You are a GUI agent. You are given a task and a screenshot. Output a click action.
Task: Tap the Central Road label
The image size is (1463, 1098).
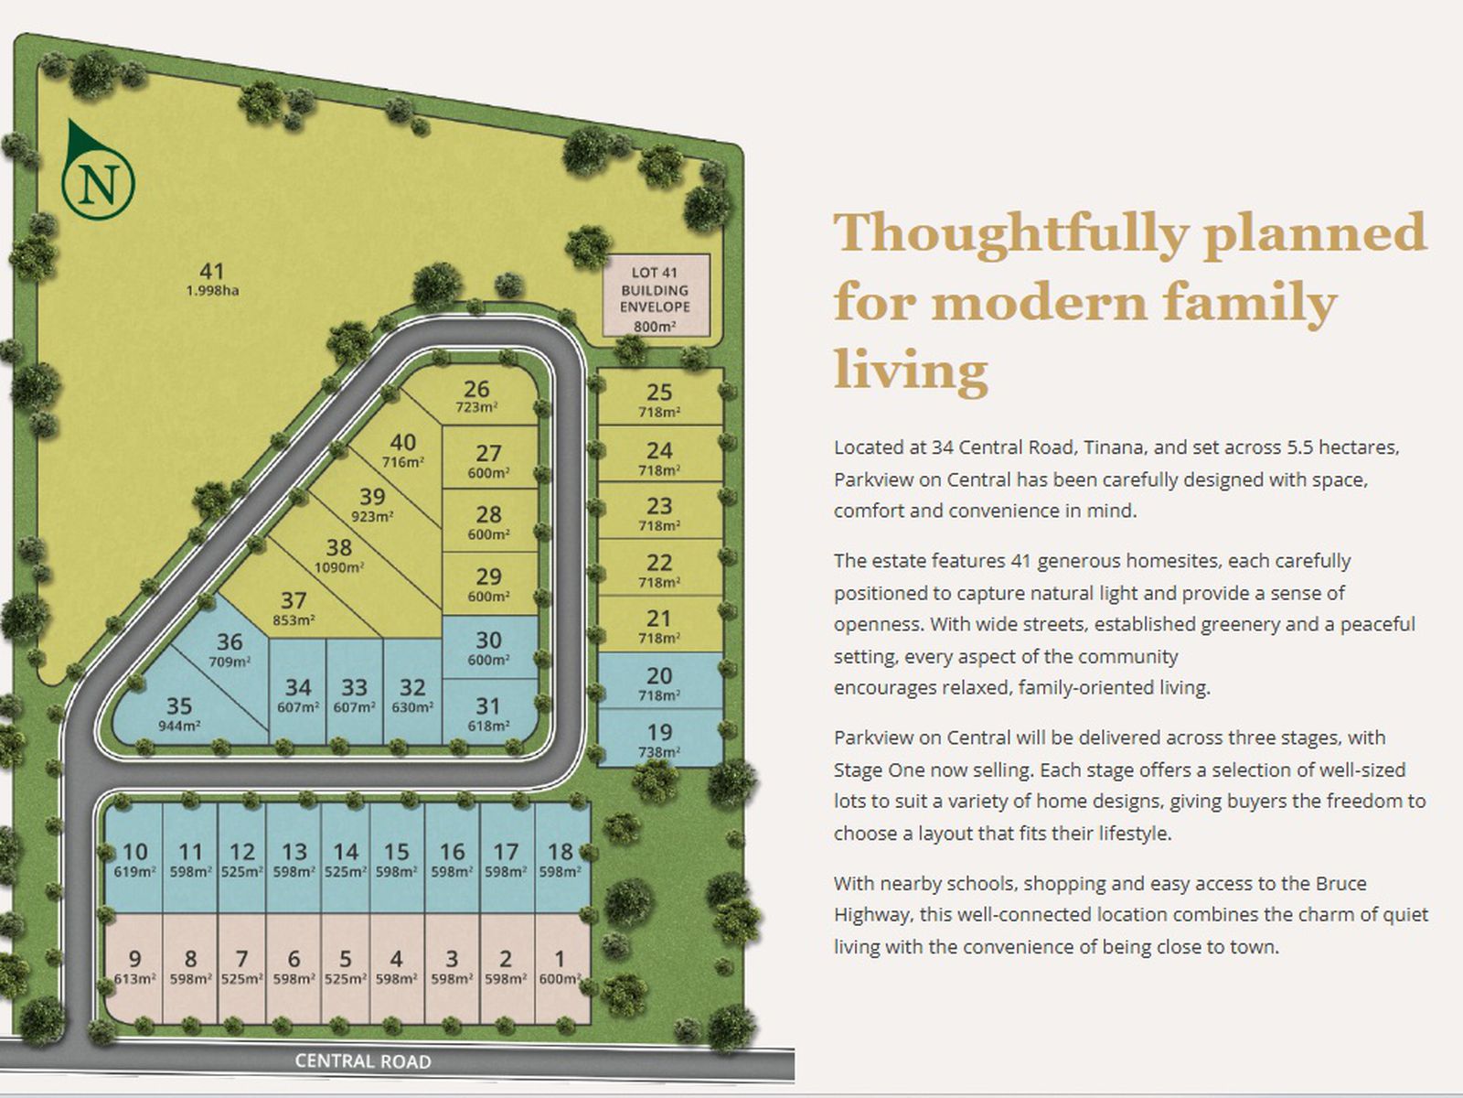click(363, 1061)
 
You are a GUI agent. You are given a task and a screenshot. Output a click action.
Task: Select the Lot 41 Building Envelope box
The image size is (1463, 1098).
click(656, 295)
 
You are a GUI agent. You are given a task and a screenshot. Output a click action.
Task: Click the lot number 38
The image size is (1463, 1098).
click(338, 547)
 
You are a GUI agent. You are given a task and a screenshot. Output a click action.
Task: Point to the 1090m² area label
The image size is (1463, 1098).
click(338, 568)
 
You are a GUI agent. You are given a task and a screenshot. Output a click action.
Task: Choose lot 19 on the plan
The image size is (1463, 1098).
click(660, 737)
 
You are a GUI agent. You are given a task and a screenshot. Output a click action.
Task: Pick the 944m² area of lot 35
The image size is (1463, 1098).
click(180, 726)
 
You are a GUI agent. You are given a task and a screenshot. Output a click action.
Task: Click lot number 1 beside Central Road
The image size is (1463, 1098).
click(560, 958)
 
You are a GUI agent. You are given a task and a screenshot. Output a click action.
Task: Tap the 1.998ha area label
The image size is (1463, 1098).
click(213, 291)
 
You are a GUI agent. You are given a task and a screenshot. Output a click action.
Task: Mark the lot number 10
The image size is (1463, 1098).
click(135, 851)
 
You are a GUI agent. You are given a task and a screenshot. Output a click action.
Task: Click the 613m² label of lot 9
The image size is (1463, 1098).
click(134, 979)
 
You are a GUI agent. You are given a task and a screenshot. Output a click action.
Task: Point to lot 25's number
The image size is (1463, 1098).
click(659, 392)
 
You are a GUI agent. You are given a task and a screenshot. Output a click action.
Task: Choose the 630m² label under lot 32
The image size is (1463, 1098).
click(412, 707)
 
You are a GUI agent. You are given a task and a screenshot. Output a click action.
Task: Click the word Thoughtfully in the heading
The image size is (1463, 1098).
click(1012, 232)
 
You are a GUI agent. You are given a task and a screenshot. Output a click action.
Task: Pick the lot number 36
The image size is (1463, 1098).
click(230, 641)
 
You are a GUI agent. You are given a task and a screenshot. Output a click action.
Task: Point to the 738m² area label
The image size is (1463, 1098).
click(659, 753)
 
